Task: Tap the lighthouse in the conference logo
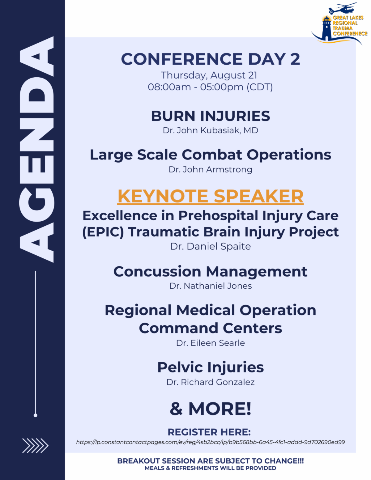326,28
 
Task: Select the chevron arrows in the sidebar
35,446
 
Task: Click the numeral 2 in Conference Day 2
295,59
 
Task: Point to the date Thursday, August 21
209,75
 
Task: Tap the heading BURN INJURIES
210,116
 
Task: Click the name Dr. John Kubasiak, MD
210,130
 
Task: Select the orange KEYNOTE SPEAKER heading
210,196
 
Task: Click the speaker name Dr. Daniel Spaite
210,247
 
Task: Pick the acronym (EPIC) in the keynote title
103,232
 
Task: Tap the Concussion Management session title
210,272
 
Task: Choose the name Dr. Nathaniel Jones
210,286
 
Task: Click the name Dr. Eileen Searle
210,343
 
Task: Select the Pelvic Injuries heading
210,368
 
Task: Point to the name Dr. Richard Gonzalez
210,382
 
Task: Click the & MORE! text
210,409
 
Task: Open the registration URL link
210,442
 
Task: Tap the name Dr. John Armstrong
210,170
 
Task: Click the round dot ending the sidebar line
35,415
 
